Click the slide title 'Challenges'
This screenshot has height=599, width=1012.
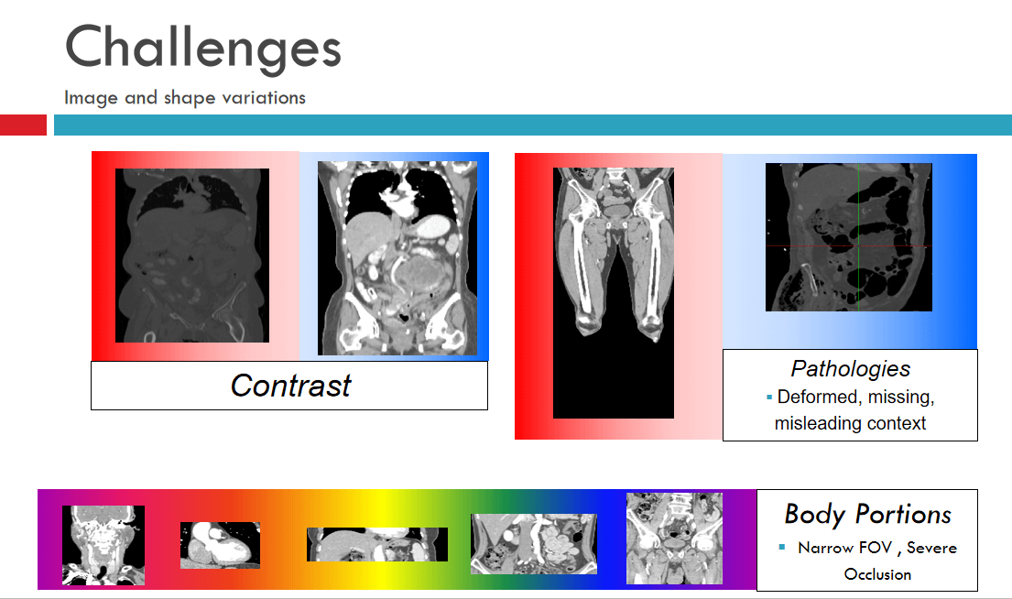[202, 47]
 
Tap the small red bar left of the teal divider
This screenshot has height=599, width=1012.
[23, 125]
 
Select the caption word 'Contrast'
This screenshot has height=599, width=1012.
[290, 386]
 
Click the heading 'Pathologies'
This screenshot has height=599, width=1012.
[851, 368]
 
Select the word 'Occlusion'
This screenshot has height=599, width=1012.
[877, 574]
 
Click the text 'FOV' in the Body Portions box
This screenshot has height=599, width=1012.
[875, 548]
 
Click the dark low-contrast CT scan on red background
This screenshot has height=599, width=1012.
[192, 256]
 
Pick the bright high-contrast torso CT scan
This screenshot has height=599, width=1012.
[397, 257]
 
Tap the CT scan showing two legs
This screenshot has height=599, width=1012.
[614, 292]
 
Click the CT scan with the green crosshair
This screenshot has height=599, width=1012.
[849, 237]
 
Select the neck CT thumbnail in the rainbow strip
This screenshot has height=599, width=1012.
[103, 545]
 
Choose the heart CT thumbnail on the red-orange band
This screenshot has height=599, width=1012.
[220, 546]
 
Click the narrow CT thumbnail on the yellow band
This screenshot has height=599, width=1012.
[377, 544]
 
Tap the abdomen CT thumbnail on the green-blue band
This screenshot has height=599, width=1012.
[534, 544]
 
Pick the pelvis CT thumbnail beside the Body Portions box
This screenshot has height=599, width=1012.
[674, 539]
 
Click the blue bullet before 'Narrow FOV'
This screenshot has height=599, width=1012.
[782, 548]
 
